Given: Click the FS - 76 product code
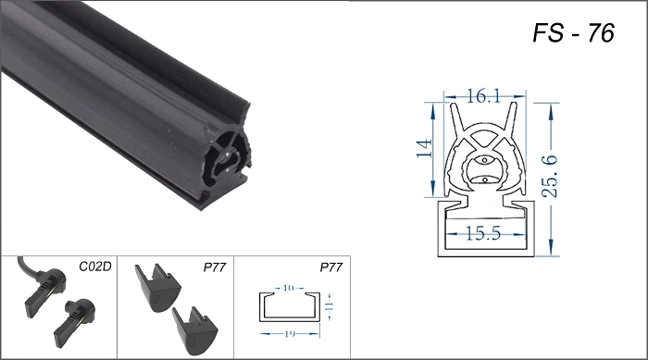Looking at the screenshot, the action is pos(573,32).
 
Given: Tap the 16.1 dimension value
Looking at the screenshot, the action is pos(483,96).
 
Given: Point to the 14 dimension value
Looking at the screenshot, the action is pos(424,148).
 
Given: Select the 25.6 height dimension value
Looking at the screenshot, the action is pos(550,176).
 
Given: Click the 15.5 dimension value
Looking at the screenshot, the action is pos(483,233).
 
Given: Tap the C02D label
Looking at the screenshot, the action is pos(95,267).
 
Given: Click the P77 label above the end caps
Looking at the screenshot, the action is pos(215,267).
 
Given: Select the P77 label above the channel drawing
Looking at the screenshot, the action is pos(331,267).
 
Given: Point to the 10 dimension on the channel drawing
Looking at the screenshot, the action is pos(289,288).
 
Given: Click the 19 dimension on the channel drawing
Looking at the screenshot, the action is pos(290,333).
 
